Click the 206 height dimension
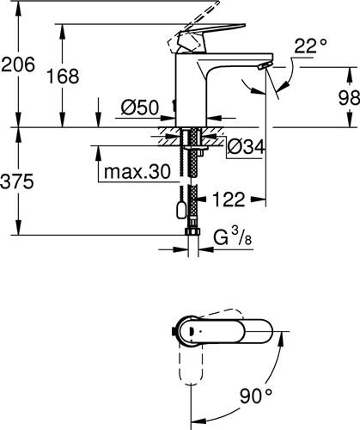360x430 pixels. pyautogui.click(x=18, y=64)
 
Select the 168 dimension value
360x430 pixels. pyautogui.click(x=63, y=77)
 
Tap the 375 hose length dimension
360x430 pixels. pyautogui.click(x=17, y=181)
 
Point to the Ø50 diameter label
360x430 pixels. pyautogui.click(x=140, y=107)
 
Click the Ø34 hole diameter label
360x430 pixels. pyautogui.click(x=246, y=147)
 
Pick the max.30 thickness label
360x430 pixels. pyautogui.click(x=137, y=172)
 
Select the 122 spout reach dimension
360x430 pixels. pyautogui.click(x=229, y=200)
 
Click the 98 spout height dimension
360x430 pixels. pyautogui.click(x=349, y=97)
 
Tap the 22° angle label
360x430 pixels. pyautogui.click(x=310, y=46)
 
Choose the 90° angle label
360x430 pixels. pyautogui.click(x=256, y=396)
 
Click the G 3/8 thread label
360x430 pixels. pyautogui.click(x=233, y=237)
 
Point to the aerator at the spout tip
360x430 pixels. pyautogui.click(x=265, y=66)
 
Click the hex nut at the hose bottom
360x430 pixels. pyautogui.click(x=193, y=231)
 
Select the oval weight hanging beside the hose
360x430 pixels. pyautogui.click(x=181, y=211)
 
